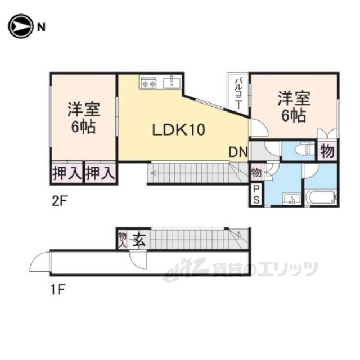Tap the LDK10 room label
[x=179, y=130]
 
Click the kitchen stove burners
[x=149, y=84]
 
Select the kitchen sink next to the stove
[x=171, y=83]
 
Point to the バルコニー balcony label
[x=238, y=93]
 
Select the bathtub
[x=320, y=198]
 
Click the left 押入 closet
[x=66, y=173]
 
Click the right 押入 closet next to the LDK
[x=100, y=173]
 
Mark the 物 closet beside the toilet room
[x=327, y=151]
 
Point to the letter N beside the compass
[x=42, y=26]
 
